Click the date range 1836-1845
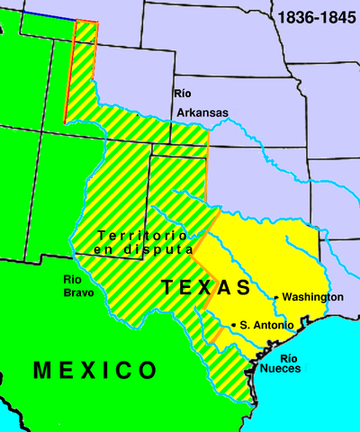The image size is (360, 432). (316, 18)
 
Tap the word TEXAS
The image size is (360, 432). (206, 288)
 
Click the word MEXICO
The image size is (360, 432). (94, 370)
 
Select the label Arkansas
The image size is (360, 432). (202, 112)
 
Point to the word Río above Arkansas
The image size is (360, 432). (184, 94)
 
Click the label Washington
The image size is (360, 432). (312, 297)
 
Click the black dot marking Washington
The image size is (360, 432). (275, 297)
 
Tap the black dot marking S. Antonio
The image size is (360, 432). (234, 324)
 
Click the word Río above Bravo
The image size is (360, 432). (74, 279)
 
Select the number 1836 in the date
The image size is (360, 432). (294, 18)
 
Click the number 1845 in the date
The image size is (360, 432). (337, 18)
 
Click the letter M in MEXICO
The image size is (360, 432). (42, 370)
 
